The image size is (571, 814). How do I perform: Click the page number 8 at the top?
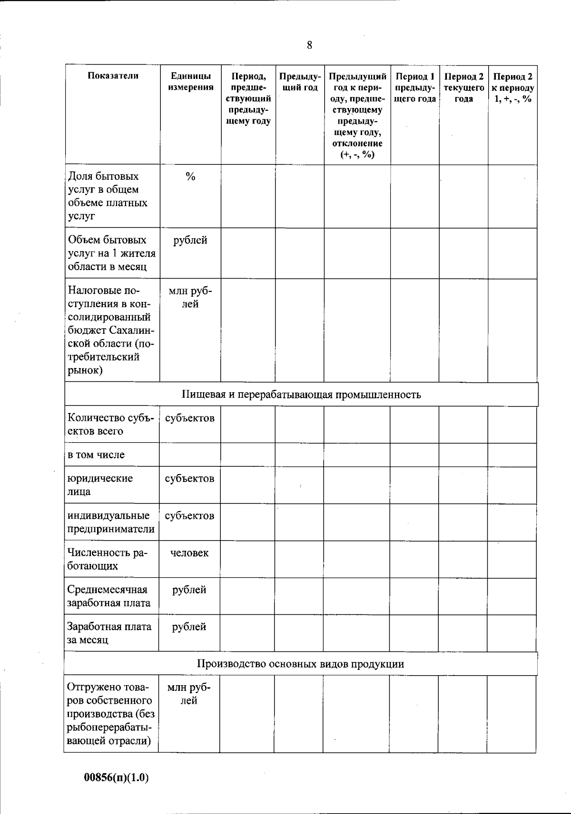point(310,46)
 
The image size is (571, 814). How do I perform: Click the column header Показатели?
point(113,76)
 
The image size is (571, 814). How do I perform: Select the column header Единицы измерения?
point(190,82)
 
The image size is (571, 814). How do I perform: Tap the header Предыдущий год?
point(300,82)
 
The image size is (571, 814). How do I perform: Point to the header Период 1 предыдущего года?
point(415,87)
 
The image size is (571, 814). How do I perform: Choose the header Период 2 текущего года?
point(463,87)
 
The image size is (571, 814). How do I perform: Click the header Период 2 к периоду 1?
point(512,87)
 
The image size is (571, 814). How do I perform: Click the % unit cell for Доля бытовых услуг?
point(190,177)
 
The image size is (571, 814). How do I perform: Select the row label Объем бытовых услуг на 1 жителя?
point(112,253)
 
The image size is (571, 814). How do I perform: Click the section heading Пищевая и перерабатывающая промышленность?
point(301,395)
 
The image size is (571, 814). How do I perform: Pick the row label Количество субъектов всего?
point(111,425)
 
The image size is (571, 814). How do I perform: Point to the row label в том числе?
point(96,455)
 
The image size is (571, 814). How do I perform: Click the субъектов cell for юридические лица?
point(189,479)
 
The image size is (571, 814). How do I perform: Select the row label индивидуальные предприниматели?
point(111,523)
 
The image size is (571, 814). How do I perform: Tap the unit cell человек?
point(189,553)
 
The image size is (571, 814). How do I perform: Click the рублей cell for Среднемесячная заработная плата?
point(189,590)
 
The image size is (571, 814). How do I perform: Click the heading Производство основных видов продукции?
point(301,664)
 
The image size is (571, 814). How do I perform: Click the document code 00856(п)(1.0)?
point(117,778)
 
